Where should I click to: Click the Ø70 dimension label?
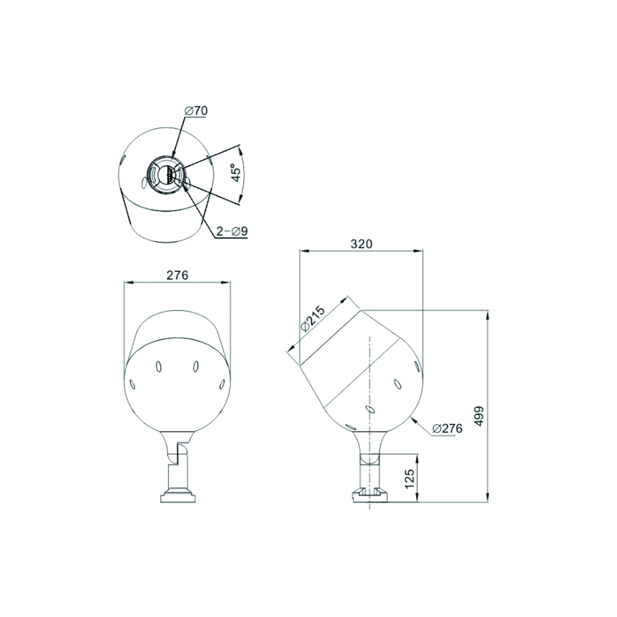tap(196, 111)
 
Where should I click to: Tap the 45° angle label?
tap(236, 173)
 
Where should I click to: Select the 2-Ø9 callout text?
tap(232, 231)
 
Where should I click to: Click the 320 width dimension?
tap(361, 244)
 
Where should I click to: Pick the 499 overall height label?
tap(479, 416)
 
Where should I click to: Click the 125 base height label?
tap(409, 479)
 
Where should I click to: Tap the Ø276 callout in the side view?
tap(447, 428)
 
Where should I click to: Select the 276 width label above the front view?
tap(177, 275)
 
